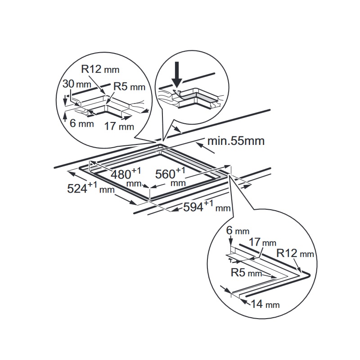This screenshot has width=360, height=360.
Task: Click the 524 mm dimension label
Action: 91,187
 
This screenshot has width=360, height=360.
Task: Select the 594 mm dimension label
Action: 207,206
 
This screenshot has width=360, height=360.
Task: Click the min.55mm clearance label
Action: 236,141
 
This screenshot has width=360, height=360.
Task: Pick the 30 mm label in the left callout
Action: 77,84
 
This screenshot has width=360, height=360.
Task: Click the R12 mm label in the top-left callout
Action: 100,69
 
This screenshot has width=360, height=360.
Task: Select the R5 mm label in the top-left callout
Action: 130,86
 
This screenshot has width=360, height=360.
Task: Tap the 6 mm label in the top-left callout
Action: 82,123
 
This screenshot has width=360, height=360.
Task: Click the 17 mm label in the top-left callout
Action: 119,126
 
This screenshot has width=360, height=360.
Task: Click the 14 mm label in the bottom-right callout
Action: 265,304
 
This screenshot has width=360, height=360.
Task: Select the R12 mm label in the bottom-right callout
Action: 295,253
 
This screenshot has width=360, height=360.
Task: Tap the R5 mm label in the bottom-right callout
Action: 246,273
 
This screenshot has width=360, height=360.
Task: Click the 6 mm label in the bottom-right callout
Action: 238,230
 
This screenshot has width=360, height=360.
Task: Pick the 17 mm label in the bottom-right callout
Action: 262,242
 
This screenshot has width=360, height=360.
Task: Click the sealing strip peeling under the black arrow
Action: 177,94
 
